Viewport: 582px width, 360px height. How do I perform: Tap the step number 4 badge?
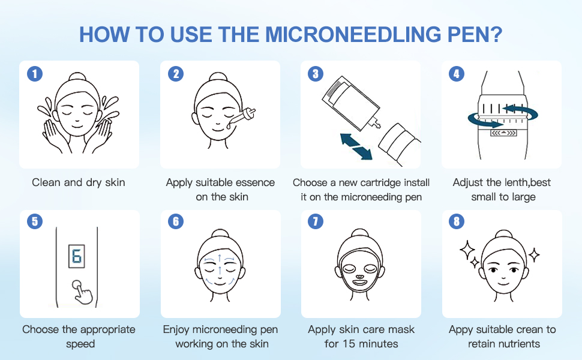pos(457,74)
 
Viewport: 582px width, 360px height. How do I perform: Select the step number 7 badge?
pos(316,222)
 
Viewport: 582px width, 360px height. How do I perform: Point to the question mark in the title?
pos(497,34)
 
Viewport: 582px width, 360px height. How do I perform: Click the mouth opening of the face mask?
pos(360,280)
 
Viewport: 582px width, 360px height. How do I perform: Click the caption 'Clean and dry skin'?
pos(79,182)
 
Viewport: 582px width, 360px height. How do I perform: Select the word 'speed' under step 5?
pos(79,344)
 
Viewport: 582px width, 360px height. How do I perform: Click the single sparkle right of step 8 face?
pos(533,254)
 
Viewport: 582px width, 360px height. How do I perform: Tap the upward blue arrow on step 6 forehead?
pos(220,258)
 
